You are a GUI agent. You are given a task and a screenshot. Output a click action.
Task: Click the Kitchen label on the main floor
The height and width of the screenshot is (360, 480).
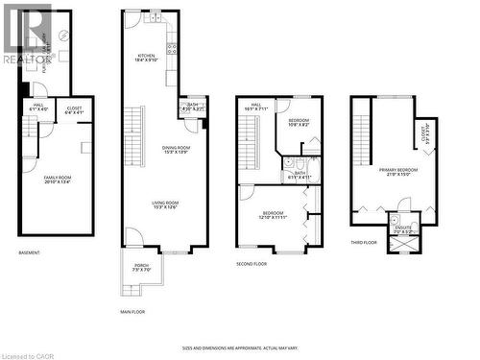(x=146, y=58)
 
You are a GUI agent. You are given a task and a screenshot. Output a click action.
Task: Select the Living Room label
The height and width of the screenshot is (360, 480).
(x=165, y=204)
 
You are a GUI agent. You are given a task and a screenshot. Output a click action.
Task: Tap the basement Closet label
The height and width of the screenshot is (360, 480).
(x=75, y=111)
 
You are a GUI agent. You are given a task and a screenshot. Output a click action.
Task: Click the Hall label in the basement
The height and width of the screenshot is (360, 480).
(x=38, y=107)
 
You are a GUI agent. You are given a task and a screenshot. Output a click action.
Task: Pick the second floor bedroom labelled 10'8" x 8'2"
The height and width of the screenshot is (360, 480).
(x=300, y=123)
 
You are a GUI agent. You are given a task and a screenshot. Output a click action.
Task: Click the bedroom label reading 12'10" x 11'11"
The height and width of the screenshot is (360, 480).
(x=273, y=216)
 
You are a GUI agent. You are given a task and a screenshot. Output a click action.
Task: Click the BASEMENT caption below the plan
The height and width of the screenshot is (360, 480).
(x=29, y=253)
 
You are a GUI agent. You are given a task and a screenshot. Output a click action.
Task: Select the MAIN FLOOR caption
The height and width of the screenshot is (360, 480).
(x=132, y=312)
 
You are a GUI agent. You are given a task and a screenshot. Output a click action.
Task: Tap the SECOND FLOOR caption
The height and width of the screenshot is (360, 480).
(x=252, y=263)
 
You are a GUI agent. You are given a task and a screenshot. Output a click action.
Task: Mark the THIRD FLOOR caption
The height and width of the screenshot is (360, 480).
(x=364, y=243)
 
